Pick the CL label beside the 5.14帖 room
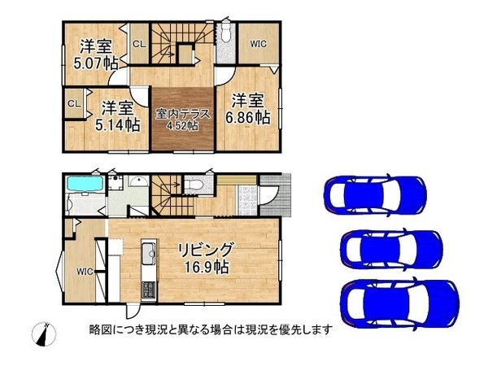click(x=74, y=103)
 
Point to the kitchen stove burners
click(x=149, y=290)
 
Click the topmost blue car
click(x=374, y=194)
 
